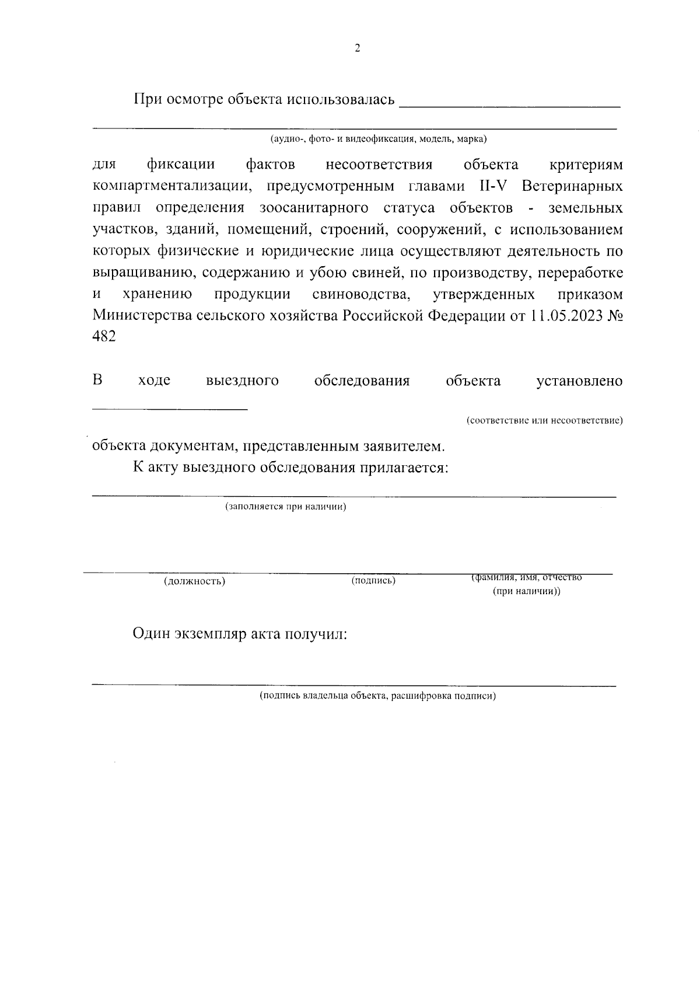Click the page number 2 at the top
click(x=358, y=48)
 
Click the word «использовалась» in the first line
click(x=338, y=100)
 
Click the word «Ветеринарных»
click(x=572, y=187)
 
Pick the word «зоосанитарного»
click(x=314, y=208)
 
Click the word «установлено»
click(x=579, y=381)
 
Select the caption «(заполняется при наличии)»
click(x=286, y=507)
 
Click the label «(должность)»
click(x=194, y=581)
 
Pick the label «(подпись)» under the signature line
click(x=373, y=581)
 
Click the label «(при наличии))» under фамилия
click(x=526, y=591)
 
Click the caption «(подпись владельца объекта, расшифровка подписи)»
click(x=377, y=696)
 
